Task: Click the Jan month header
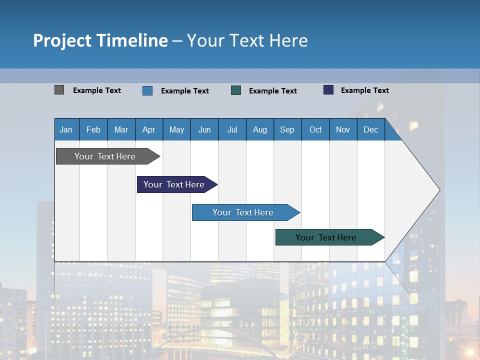(x=66, y=129)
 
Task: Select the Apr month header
(x=148, y=129)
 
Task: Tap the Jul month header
(x=232, y=129)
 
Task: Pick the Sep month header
(x=287, y=129)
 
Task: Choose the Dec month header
(x=370, y=129)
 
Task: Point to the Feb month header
(x=93, y=129)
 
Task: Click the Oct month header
(x=315, y=129)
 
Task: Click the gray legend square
(x=59, y=90)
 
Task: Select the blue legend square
(x=147, y=90)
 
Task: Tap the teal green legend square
(x=236, y=90)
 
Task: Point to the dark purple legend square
(x=328, y=90)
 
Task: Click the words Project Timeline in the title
(x=100, y=40)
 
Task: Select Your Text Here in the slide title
(x=247, y=40)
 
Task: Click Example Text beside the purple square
(x=364, y=90)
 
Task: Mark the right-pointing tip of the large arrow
(x=438, y=190)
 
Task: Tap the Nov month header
(x=342, y=129)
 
